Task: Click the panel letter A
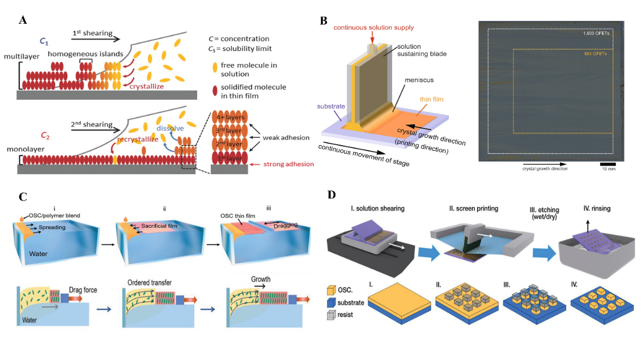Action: (23, 20)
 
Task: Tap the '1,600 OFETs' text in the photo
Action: (597, 33)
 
